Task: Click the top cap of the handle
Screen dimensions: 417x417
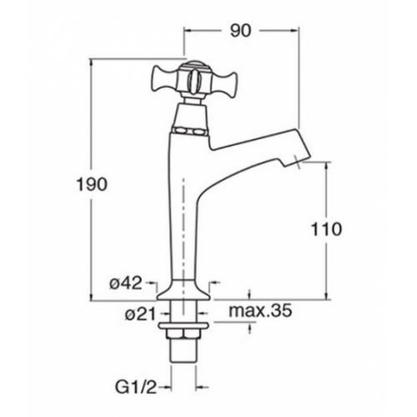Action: (193, 64)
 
